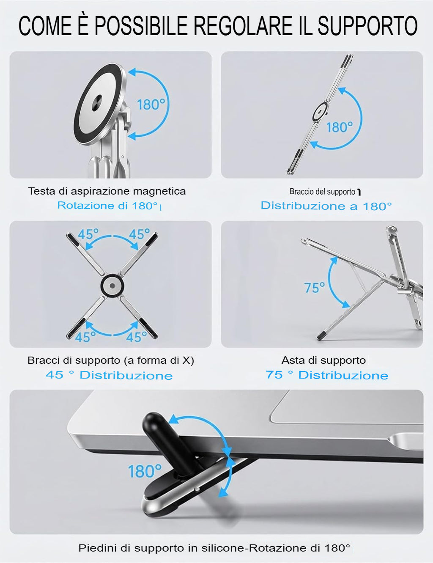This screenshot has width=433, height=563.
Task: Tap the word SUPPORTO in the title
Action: coord(367,25)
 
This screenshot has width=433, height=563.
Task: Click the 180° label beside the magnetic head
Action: coord(151,104)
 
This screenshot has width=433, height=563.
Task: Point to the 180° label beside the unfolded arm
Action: coord(340,127)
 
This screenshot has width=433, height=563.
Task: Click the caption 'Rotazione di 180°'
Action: coord(108,206)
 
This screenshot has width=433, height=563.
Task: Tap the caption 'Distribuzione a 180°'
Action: coord(326,206)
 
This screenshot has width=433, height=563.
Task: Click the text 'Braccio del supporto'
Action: coord(322,192)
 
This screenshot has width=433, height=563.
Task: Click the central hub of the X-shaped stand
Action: coord(112,285)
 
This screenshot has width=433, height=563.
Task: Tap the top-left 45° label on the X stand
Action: coord(88,234)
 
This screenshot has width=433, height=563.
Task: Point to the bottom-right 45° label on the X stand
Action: coord(137,337)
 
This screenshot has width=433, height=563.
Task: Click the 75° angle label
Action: coord(315,288)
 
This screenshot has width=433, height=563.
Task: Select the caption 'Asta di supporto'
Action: coord(323,360)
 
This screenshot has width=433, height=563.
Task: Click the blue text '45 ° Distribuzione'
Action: coord(109,375)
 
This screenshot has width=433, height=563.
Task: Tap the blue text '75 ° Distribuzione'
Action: coord(327,375)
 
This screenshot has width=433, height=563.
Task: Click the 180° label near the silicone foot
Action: coord(145,471)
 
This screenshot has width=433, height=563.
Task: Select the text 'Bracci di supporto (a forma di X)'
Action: coord(111,360)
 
